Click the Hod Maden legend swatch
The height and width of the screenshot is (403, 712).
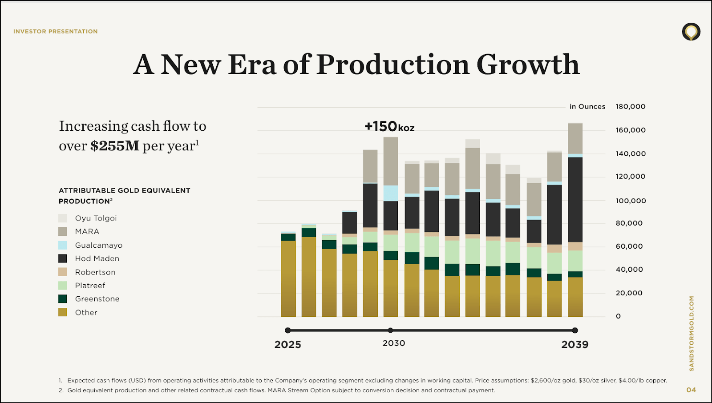pyautogui.click(x=63, y=258)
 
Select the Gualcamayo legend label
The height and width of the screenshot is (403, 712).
pyautogui.click(x=98, y=245)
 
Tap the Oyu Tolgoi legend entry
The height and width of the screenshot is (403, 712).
pyautogui.click(x=96, y=218)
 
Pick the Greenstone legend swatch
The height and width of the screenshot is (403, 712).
pyautogui.click(x=63, y=299)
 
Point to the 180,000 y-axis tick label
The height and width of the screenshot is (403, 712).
pyautogui.click(x=630, y=106)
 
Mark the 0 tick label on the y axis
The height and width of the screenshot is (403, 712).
pyautogui.click(x=618, y=316)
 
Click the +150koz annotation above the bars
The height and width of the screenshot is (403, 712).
pyautogui.click(x=389, y=127)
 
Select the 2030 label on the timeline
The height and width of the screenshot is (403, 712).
pyautogui.click(x=394, y=343)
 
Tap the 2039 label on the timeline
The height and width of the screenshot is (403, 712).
pyautogui.click(x=574, y=344)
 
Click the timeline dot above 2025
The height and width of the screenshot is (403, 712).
pyautogui.click(x=288, y=330)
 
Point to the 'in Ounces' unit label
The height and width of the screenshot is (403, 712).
pyautogui.click(x=587, y=106)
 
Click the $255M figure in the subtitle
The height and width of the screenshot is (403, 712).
pyautogui.click(x=115, y=146)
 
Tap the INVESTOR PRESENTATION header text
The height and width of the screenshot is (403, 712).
pyautogui.click(x=56, y=32)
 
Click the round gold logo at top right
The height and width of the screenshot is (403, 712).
pyautogui.click(x=691, y=32)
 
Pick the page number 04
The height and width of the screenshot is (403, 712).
pyautogui.click(x=691, y=390)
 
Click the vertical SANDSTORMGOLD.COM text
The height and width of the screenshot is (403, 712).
pyautogui.click(x=691, y=333)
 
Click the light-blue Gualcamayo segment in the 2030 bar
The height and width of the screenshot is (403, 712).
pyautogui.click(x=391, y=193)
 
